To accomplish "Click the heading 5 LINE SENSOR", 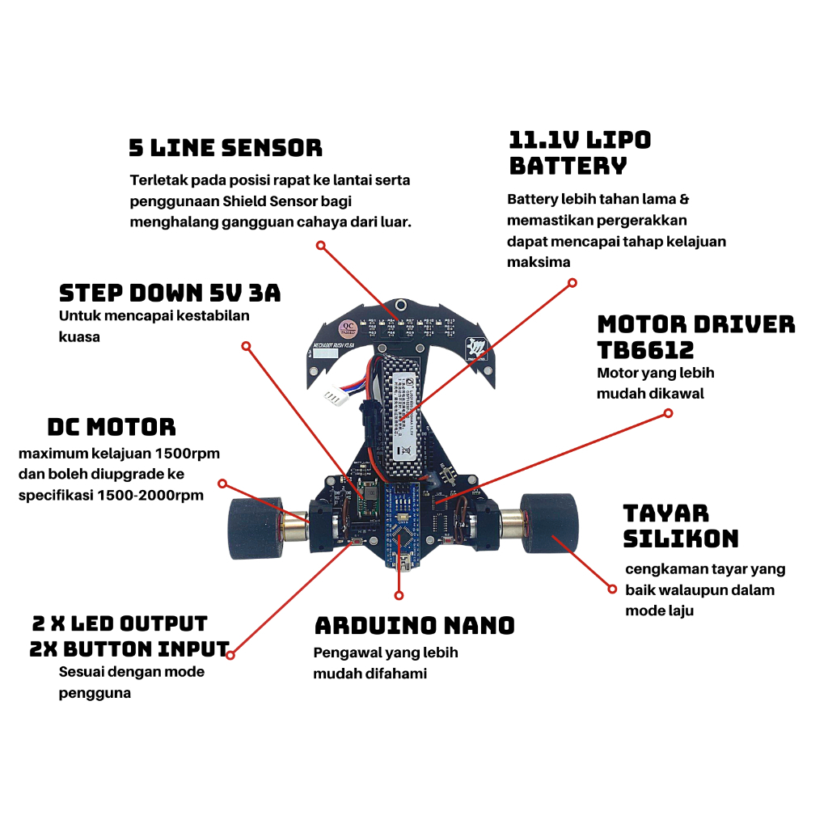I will tap(225, 148).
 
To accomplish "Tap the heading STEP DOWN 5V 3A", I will tap(170, 293).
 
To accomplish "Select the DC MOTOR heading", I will tap(112, 426).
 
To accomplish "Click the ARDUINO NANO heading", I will tap(414, 625).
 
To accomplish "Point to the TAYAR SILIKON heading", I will tap(680, 526).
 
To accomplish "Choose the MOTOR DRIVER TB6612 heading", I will tap(695, 336).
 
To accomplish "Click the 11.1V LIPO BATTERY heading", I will tap(579, 153).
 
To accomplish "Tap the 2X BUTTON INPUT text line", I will tap(129, 648).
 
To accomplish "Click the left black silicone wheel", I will tap(253, 529).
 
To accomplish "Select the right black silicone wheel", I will tap(550, 525).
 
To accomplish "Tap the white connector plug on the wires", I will tap(333, 397).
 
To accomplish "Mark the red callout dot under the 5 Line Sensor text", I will tap(321, 244).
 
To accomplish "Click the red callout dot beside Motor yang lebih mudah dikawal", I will tap(668, 413).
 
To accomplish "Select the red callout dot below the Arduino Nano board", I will tap(399, 595).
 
